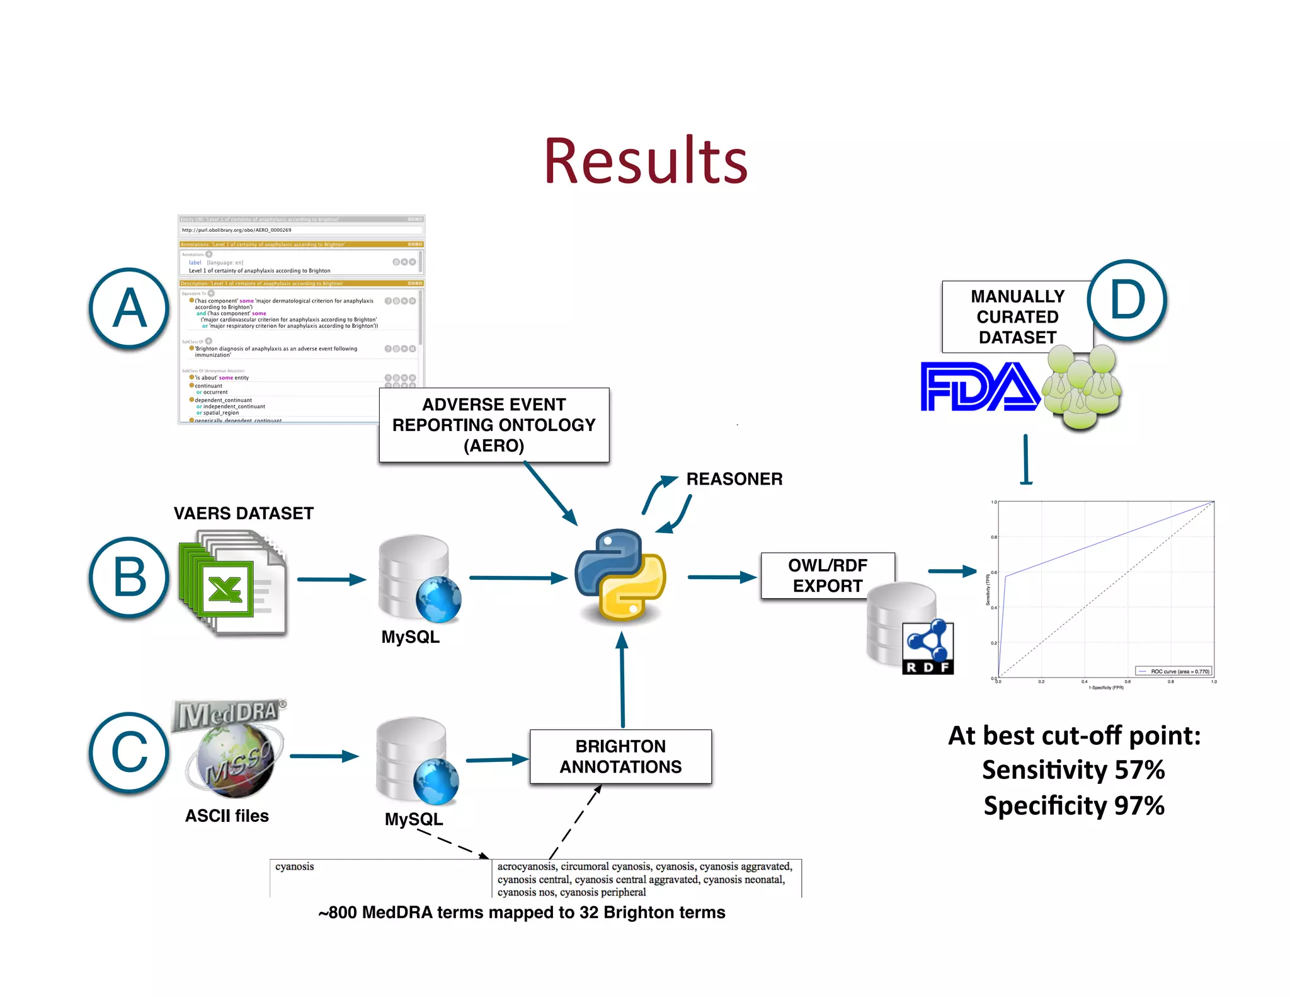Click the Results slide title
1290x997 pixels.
[x=646, y=161]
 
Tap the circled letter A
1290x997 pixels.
[x=129, y=308]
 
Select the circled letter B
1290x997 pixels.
[x=129, y=577]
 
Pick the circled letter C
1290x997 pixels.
[x=129, y=752]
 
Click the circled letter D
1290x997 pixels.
[x=1126, y=300]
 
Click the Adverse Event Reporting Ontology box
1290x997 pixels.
[x=494, y=425]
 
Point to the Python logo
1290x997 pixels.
[x=620, y=575]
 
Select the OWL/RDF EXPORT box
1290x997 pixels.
[x=827, y=575]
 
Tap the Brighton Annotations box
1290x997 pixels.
[x=620, y=756]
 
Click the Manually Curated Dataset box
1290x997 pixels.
[x=1017, y=316]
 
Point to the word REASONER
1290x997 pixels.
[x=734, y=479]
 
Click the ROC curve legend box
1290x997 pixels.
[x=1173, y=671]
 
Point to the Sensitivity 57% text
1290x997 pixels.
[x=1073, y=770]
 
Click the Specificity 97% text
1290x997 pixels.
[x=1073, y=806]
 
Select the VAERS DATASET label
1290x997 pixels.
[x=243, y=514]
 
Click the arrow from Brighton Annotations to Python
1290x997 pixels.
[x=622, y=681]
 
